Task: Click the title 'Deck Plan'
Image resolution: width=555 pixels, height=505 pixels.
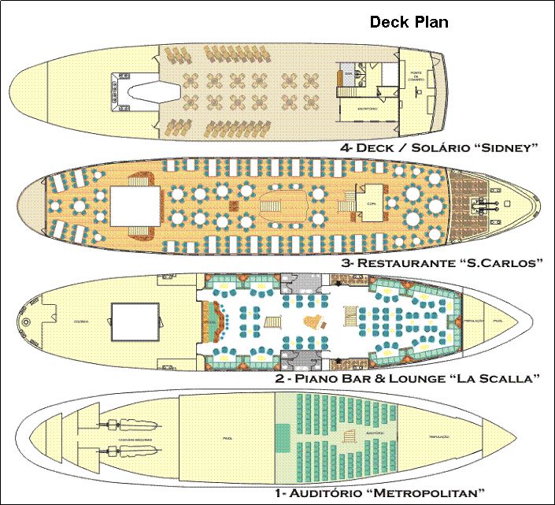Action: (x=409, y=22)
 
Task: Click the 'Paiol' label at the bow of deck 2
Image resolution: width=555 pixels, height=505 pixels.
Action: (x=498, y=321)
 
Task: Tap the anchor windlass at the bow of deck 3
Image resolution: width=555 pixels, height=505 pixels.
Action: (x=482, y=204)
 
